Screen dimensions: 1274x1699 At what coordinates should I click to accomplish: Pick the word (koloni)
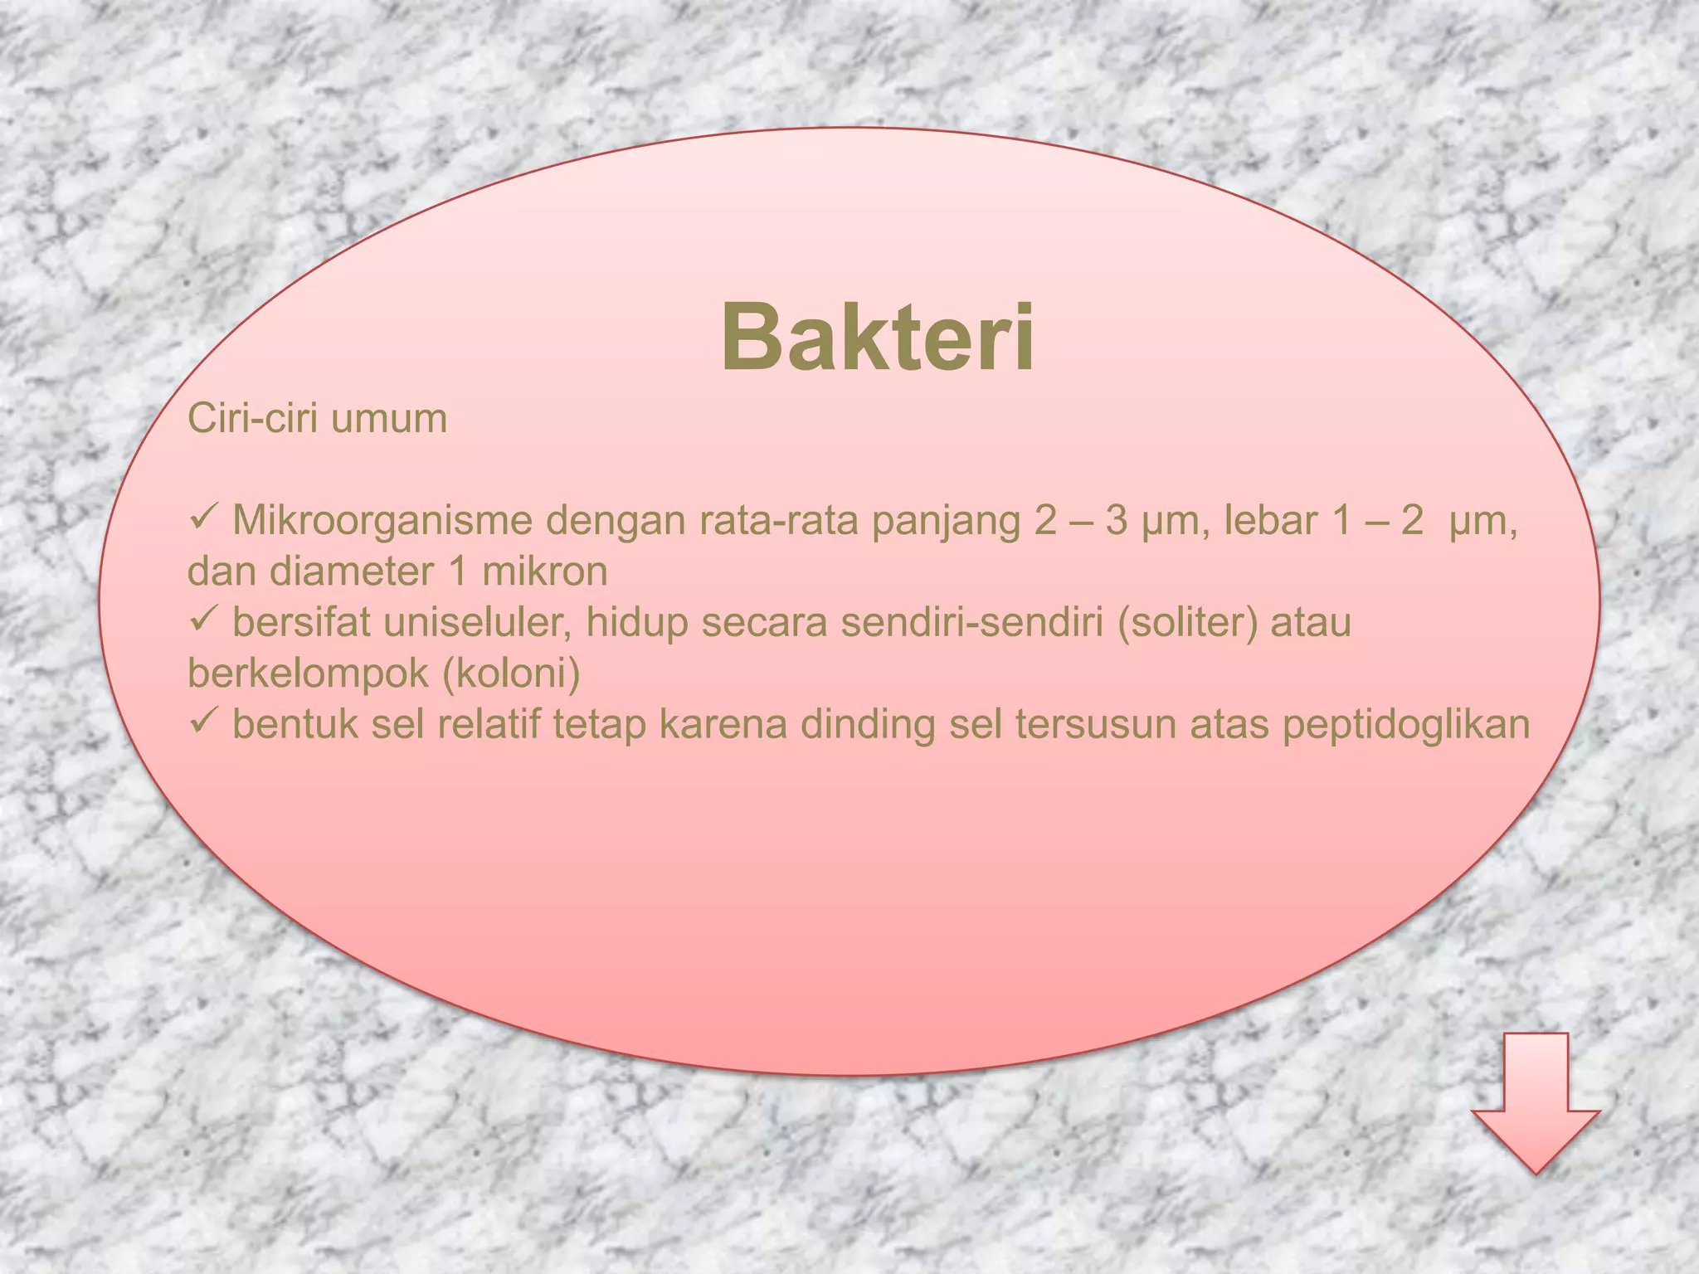tap(511, 673)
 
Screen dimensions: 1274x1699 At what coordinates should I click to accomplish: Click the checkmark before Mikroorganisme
tap(203, 519)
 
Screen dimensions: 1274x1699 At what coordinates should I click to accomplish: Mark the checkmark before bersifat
tap(203, 620)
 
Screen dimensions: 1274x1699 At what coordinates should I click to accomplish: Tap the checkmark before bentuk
tap(203, 722)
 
